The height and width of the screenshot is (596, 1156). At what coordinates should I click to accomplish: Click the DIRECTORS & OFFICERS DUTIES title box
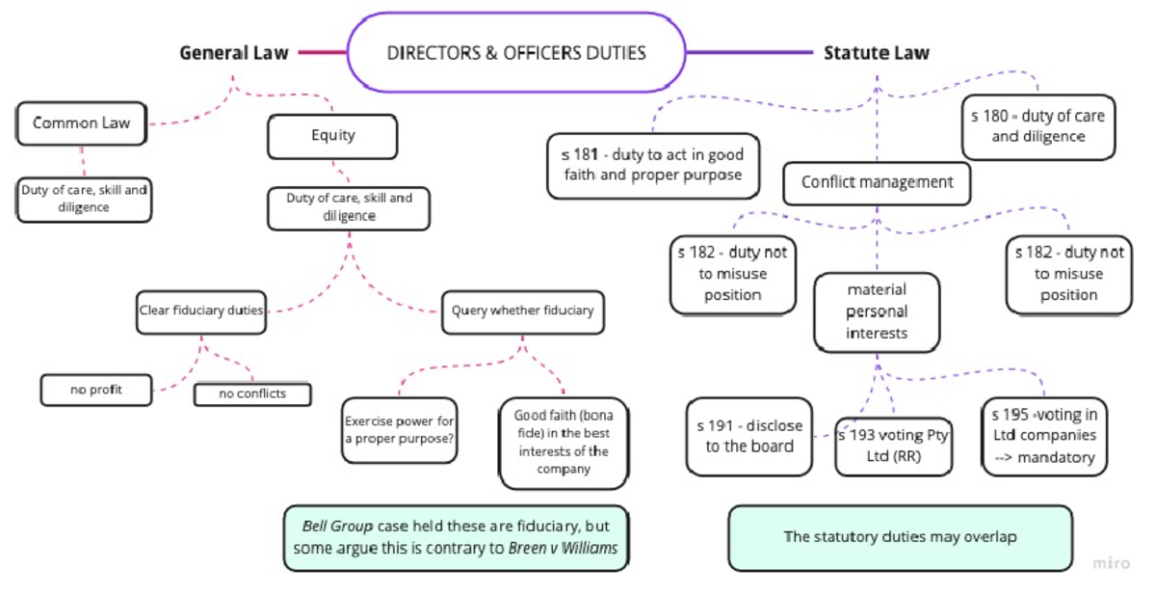tap(515, 52)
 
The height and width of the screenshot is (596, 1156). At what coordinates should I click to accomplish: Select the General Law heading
tap(234, 52)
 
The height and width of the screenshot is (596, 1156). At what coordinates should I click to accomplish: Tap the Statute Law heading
tap(876, 52)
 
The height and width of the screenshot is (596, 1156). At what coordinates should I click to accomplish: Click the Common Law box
tap(81, 123)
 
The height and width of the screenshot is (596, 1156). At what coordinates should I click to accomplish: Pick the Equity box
tap(332, 136)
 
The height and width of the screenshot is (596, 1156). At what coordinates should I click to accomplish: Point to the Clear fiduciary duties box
tap(201, 311)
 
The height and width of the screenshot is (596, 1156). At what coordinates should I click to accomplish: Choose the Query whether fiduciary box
tap(523, 311)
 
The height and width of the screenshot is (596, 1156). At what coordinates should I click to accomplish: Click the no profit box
tap(96, 390)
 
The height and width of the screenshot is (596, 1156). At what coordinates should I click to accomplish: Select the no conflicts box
tap(252, 393)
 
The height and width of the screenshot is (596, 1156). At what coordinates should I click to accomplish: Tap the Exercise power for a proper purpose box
tap(399, 430)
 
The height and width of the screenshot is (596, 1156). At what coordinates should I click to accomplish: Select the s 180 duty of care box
tap(1038, 126)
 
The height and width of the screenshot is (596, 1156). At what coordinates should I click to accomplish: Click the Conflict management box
tap(877, 182)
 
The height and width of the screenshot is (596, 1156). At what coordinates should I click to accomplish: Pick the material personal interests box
tap(876, 311)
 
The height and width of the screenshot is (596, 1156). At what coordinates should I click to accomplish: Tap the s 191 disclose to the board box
tap(749, 435)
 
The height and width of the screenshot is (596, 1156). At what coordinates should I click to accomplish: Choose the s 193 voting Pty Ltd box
tap(893, 446)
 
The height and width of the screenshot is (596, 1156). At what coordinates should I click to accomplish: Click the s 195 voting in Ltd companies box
tap(1043, 436)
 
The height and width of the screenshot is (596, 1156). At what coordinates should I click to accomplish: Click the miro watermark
tap(1112, 563)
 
